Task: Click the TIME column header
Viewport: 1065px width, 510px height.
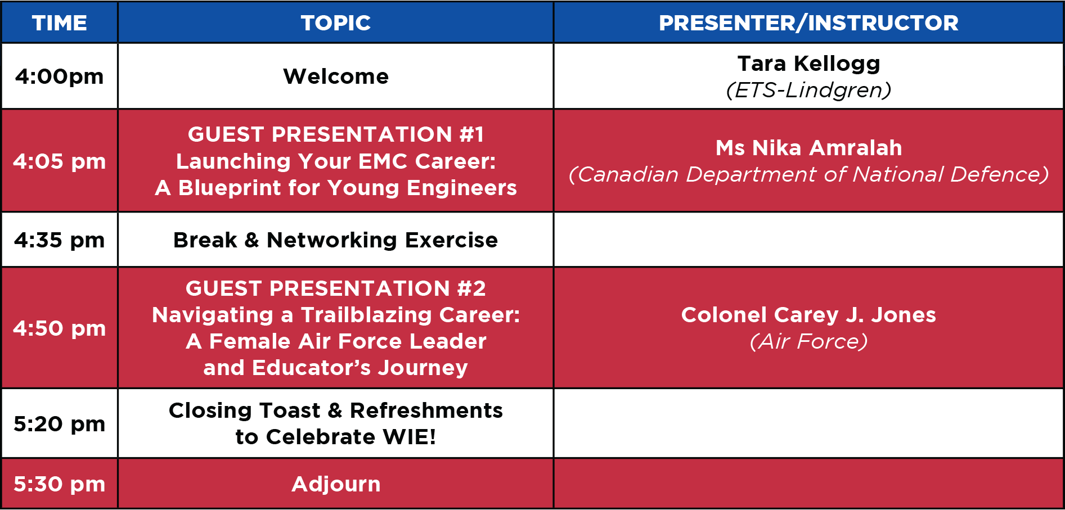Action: pyautogui.click(x=60, y=23)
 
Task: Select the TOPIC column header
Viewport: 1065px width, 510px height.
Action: pyautogui.click(x=336, y=23)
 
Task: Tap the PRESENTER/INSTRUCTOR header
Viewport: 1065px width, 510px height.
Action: pyautogui.click(x=808, y=23)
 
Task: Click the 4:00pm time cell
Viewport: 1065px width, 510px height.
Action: pyautogui.click(x=60, y=76)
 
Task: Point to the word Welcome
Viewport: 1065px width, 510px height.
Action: pyautogui.click(x=336, y=76)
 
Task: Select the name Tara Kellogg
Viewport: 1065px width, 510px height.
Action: pyautogui.click(x=808, y=64)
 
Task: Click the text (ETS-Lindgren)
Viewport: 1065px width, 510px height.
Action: pyautogui.click(x=808, y=90)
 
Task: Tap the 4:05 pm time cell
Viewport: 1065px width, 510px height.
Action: pyautogui.click(x=60, y=161)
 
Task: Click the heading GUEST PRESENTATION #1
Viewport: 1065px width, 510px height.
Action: pyautogui.click(x=336, y=134)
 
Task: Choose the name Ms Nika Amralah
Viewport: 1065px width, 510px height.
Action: pyautogui.click(x=808, y=148)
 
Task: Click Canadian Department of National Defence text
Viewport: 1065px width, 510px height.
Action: pyautogui.click(x=808, y=174)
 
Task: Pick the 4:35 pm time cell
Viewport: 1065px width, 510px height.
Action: pyautogui.click(x=60, y=240)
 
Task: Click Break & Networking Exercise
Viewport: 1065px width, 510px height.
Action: pyautogui.click(x=336, y=240)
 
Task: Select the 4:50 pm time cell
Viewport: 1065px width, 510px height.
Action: pyautogui.click(x=60, y=328)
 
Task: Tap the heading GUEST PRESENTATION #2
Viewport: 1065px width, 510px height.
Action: pyautogui.click(x=336, y=288)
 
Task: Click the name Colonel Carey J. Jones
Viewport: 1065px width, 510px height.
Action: pyautogui.click(x=808, y=315)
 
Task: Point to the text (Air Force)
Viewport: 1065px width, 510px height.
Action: pyautogui.click(x=808, y=341)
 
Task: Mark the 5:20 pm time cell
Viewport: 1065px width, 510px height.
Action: pyautogui.click(x=60, y=424)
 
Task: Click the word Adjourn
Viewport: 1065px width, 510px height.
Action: pyautogui.click(x=336, y=484)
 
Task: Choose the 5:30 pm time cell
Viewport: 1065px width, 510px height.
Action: pyautogui.click(x=60, y=484)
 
